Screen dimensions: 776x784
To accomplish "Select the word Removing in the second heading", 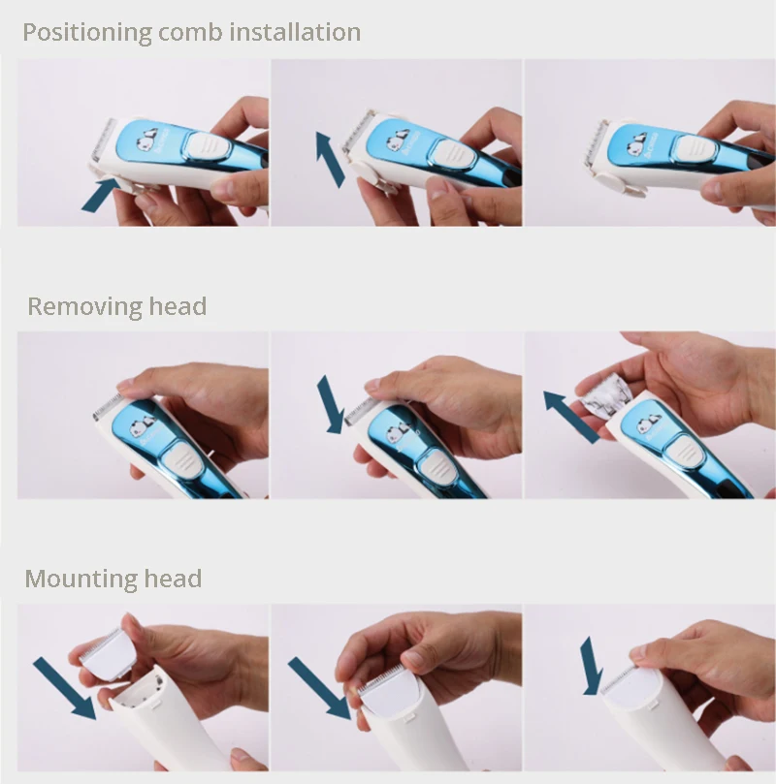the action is tap(84, 306).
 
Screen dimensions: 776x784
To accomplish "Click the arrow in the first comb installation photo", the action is tap(101, 196).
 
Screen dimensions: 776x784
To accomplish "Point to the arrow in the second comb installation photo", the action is tap(330, 160).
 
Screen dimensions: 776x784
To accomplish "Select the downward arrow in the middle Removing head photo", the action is tap(330, 404).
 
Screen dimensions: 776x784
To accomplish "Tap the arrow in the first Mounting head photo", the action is tap(65, 688).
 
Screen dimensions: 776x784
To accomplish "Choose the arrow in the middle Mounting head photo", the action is tap(320, 688).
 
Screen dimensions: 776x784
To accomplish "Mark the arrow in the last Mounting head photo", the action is tap(592, 666).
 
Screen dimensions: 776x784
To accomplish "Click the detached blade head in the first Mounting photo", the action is tap(107, 653).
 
